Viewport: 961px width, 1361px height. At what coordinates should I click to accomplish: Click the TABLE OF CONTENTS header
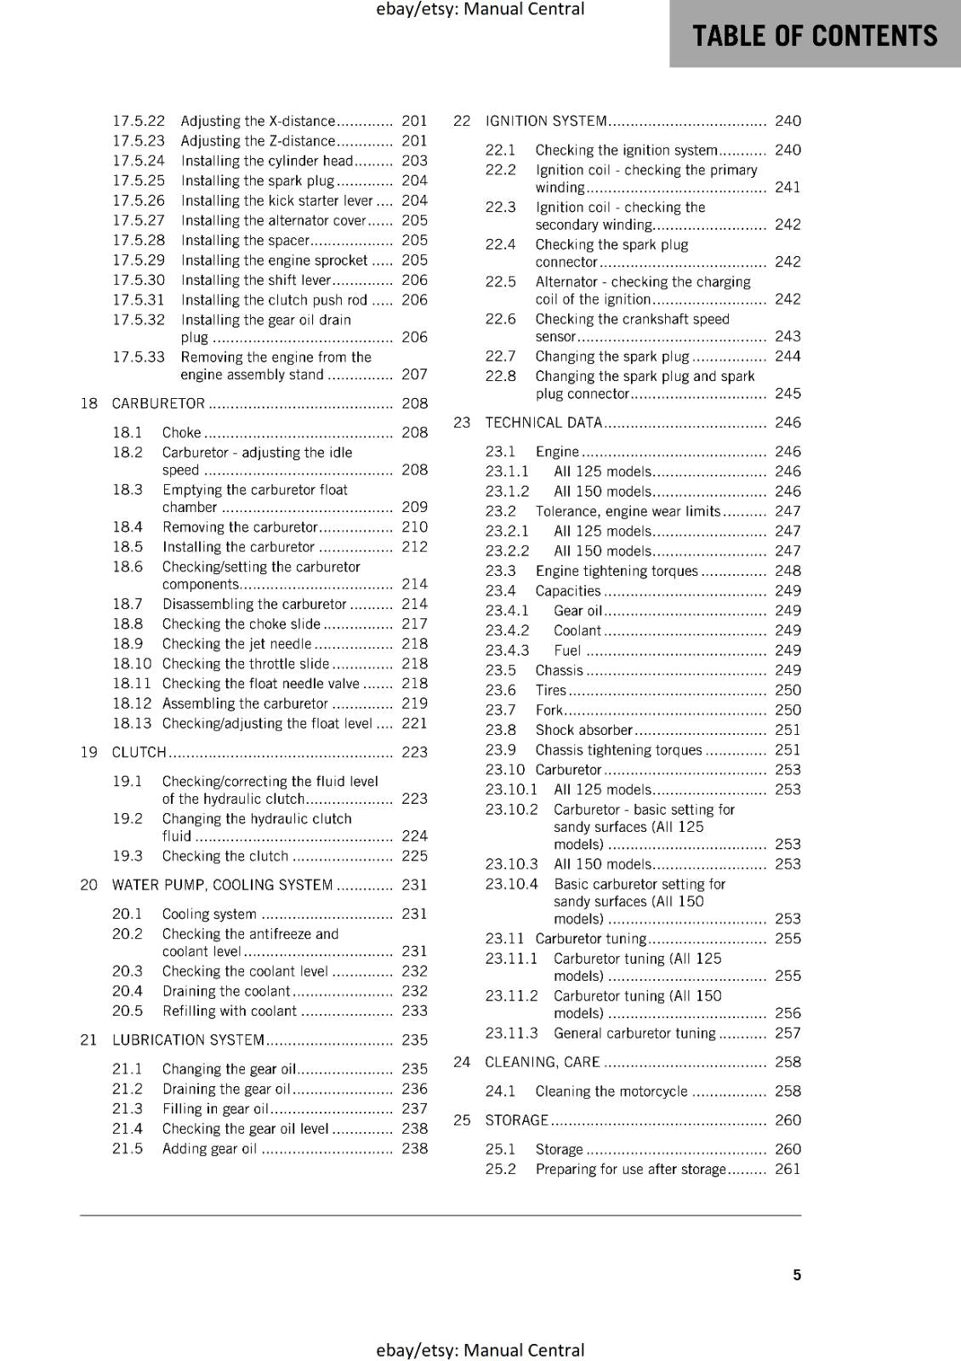coord(814,36)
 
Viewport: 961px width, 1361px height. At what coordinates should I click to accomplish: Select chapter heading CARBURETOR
coord(158,403)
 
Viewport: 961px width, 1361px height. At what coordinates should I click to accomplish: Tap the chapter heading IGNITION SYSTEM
coord(546,121)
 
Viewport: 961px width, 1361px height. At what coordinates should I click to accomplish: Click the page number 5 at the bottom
coord(797,1274)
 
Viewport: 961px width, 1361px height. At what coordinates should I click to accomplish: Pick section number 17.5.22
coord(139,121)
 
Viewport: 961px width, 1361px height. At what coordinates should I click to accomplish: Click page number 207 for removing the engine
coord(414,374)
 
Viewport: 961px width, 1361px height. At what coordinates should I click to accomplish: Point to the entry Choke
coord(182,432)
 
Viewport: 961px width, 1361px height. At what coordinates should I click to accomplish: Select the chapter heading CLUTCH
coord(139,752)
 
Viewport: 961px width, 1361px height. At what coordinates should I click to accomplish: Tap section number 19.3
coord(128,856)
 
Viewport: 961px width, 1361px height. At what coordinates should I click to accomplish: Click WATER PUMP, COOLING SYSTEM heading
coord(222,885)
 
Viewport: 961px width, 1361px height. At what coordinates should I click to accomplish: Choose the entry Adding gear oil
coord(209,1148)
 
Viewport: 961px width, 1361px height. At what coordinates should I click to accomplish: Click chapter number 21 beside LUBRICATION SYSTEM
coord(88,1039)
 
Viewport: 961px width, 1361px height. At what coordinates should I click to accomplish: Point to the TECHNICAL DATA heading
coord(543,423)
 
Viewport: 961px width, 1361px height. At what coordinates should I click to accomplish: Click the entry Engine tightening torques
coord(617,571)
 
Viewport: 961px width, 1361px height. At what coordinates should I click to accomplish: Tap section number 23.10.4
coord(511,884)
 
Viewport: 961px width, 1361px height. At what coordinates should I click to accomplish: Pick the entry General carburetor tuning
coord(634,1033)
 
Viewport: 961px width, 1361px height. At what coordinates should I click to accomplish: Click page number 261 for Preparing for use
coord(788,1169)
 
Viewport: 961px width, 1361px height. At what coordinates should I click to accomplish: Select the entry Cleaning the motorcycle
coord(611,1091)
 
